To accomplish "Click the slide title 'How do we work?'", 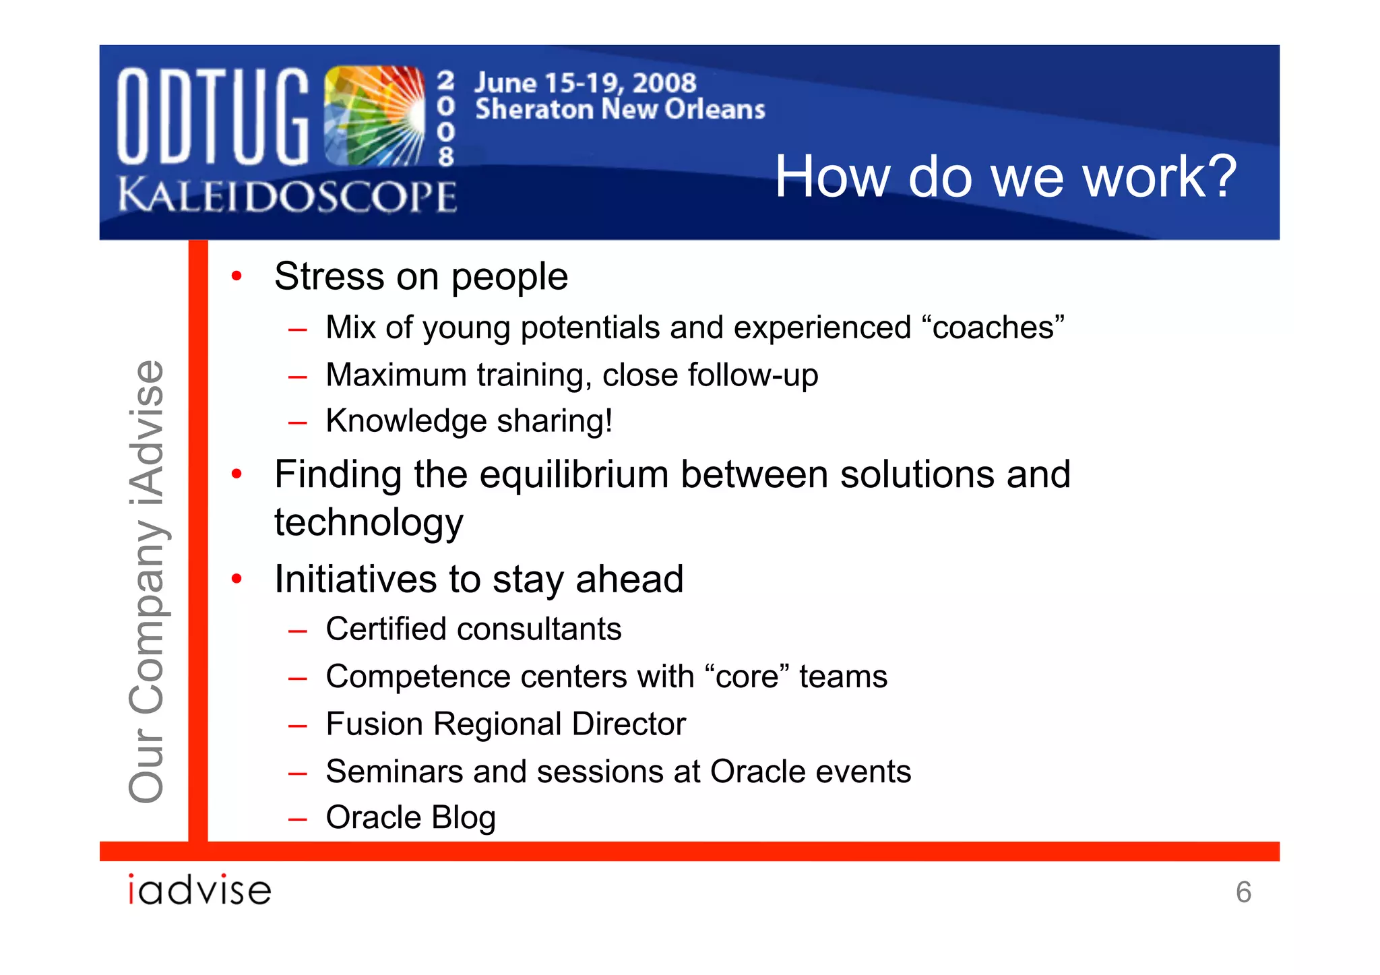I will (x=1005, y=177).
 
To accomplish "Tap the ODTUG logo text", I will (x=212, y=117).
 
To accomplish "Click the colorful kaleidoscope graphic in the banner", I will (x=374, y=116).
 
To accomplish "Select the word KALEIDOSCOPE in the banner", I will (x=288, y=197).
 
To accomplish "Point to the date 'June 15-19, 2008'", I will (x=585, y=83).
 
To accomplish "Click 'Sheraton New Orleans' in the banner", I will (x=620, y=109).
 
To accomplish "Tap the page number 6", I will (x=1243, y=892).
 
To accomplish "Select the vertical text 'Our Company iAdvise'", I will (x=146, y=581).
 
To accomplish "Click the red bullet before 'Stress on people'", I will (x=237, y=276).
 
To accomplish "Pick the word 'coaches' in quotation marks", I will (x=993, y=328).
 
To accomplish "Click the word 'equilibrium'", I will (x=575, y=474).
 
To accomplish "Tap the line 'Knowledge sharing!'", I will (x=469, y=421).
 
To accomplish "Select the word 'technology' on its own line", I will (x=369, y=523).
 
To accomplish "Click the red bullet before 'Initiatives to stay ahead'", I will (x=237, y=579).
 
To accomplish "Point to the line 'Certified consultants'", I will (x=473, y=629).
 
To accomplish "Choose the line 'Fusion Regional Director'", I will (x=505, y=724).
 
